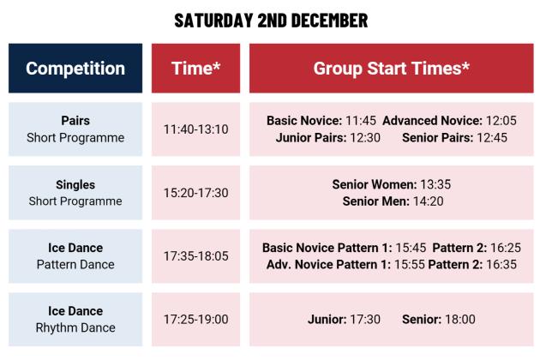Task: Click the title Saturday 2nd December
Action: pyautogui.click(x=270, y=19)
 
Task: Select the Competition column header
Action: pyautogui.click(x=75, y=69)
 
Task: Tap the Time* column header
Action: pyautogui.click(x=195, y=69)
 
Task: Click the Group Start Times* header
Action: pyautogui.click(x=391, y=69)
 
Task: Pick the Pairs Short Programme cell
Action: pyautogui.click(x=75, y=129)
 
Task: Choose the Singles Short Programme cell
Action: pyautogui.click(x=75, y=193)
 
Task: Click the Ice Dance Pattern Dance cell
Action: pyautogui.click(x=75, y=256)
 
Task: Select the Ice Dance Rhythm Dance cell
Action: pyautogui.click(x=75, y=319)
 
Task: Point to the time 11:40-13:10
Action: pyautogui.click(x=195, y=129)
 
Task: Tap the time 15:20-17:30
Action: pyautogui.click(x=195, y=193)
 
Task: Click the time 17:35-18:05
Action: pyautogui.click(x=195, y=256)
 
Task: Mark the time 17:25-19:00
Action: pyautogui.click(x=195, y=319)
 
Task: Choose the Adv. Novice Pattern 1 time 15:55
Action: pyautogui.click(x=409, y=264)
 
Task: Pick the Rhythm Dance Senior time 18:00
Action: pyautogui.click(x=459, y=319)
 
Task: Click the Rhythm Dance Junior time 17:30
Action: pyautogui.click(x=365, y=319)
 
